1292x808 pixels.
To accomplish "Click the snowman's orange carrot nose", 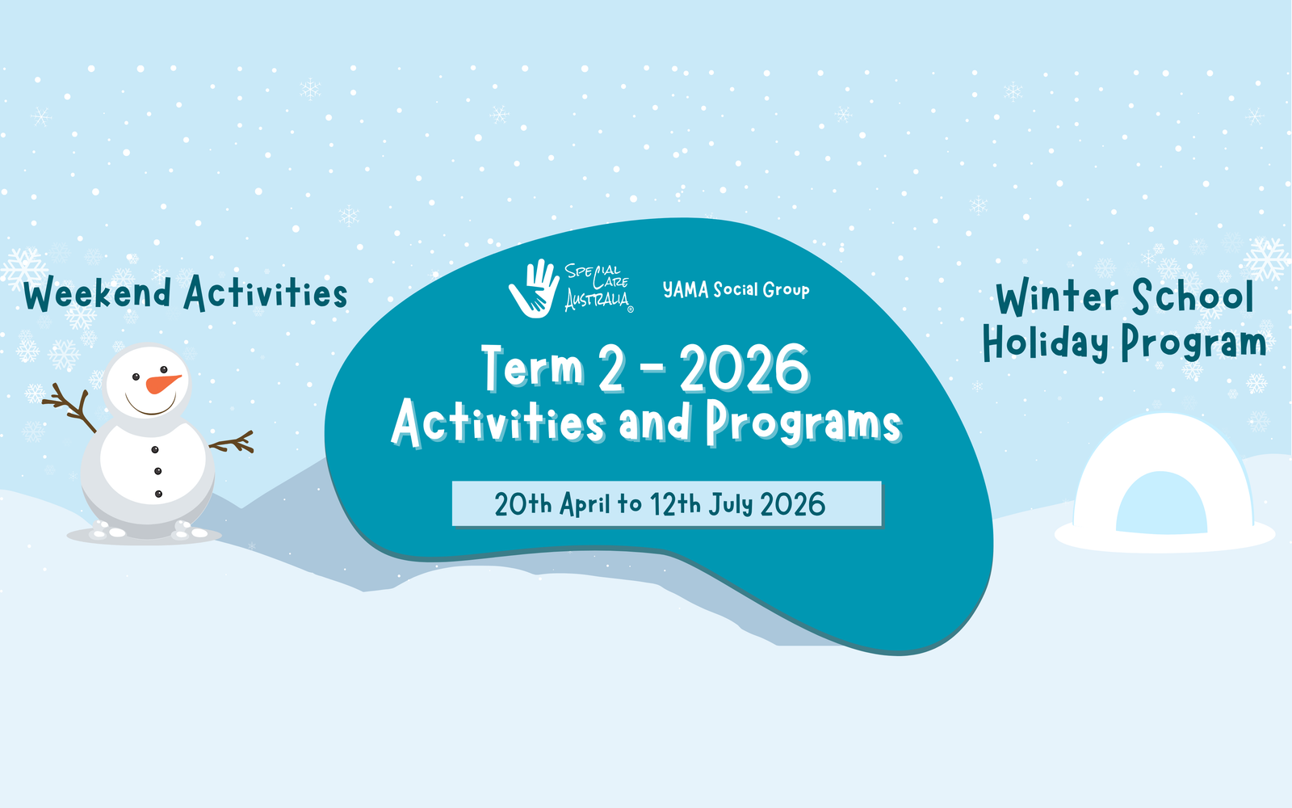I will click(162, 383).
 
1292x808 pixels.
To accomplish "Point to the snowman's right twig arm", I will click(233, 443).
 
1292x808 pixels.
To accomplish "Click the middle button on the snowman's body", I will click(157, 471).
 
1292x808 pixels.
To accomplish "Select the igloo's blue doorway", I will click(1161, 504).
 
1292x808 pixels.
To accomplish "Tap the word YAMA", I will click(686, 290).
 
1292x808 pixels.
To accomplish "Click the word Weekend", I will click(98, 294).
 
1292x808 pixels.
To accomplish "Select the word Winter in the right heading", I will click(1057, 298).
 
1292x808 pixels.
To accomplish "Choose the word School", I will click(1193, 297).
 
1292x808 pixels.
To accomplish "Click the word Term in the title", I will click(533, 368).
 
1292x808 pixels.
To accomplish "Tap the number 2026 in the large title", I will click(744, 369).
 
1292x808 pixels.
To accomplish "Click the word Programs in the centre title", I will click(803, 423).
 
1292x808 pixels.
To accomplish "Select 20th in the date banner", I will click(523, 505).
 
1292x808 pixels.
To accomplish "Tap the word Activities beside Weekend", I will click(266, 293).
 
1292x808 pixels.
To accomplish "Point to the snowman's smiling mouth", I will click(151, 406).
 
